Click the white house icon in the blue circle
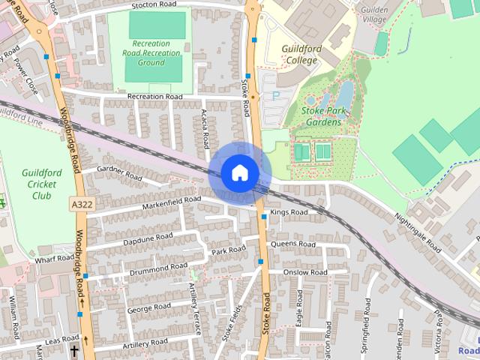pyautogui.click(x=239, y=172)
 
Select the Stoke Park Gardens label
pyautogui.click(x=332, y=116)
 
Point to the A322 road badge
pyautogui.click(x=82, y=204)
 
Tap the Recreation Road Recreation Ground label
pyautogui.click(x=152, y=53)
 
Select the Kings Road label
pyautogui.click(x=289, y=212)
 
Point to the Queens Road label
pyautogui.click(x=294, y=244)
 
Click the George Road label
pyautogui.click(x=149, y=308)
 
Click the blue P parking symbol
pyautogui.click(x=275, y=95)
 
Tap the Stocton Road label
pyautogui.click(x=154, y=4)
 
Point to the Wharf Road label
pyautogui.click(x=54, y=259)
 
